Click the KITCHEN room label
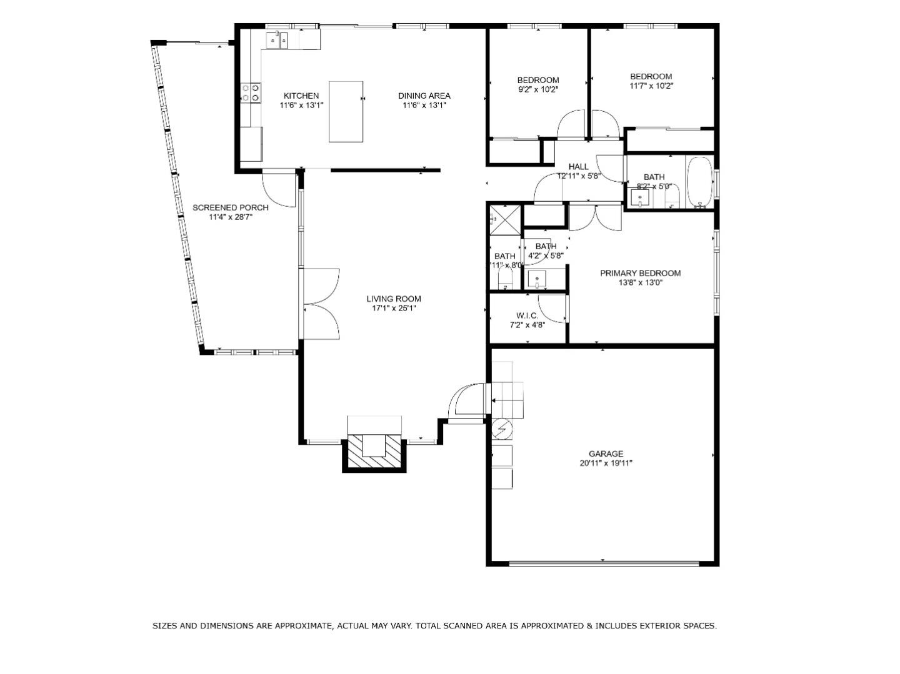pos(301,96)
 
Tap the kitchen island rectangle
pos(346,112)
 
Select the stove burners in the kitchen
pos(251,93)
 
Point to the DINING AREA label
pos(424,96)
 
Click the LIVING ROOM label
pos(394,299)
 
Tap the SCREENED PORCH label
pos(230,207)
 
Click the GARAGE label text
pos(606,453)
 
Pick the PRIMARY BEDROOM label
pos(640,273)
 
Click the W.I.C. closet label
pos(527,315)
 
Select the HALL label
pos(578,166)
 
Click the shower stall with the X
pos(505,219)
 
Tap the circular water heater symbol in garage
pos(501,429)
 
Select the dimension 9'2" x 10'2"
pos(537,89)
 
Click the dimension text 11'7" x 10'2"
pos(651,86)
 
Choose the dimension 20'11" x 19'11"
pos(606,463)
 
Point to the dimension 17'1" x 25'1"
pos(394,308)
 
